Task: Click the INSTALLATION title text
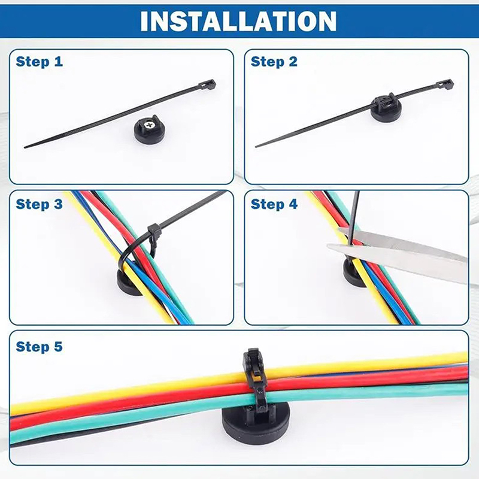pyautogui.click(x=238, y=21)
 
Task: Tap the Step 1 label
pyautogui.click(x=39, y=62)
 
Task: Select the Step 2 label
pyautogui.click(x=274, y=62)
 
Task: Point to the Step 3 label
pyautogui.click(x=39, y=204)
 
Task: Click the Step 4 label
pyautogui.click(x=274, y=204)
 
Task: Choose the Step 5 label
pyautogui.click(x=39, y=347)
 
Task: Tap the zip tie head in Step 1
pyautogui.click(x=207, y=84)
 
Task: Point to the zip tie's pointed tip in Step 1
pyautogui.click(x=25, y=147)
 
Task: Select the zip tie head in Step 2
pyautogui.click(x=445, y=84)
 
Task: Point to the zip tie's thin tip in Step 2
pyautogui.click(x=257, y=147)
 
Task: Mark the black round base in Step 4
pyautogui.click(x=353, y=274)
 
